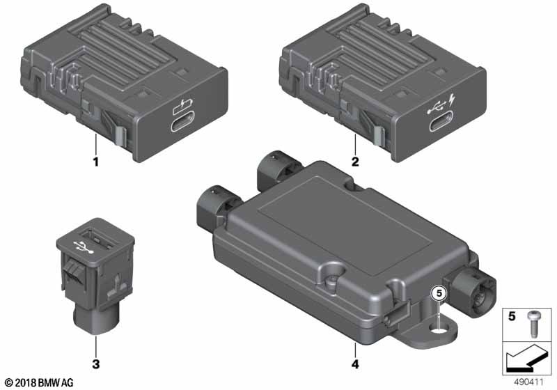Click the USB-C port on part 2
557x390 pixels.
[441, 122]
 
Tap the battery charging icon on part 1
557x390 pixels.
[183, 107]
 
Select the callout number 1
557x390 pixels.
[95, 162]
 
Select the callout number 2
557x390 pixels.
[355, 162]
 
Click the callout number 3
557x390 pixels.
[95, 364]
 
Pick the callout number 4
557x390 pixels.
[355, 364]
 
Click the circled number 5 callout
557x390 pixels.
[439, 293]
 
